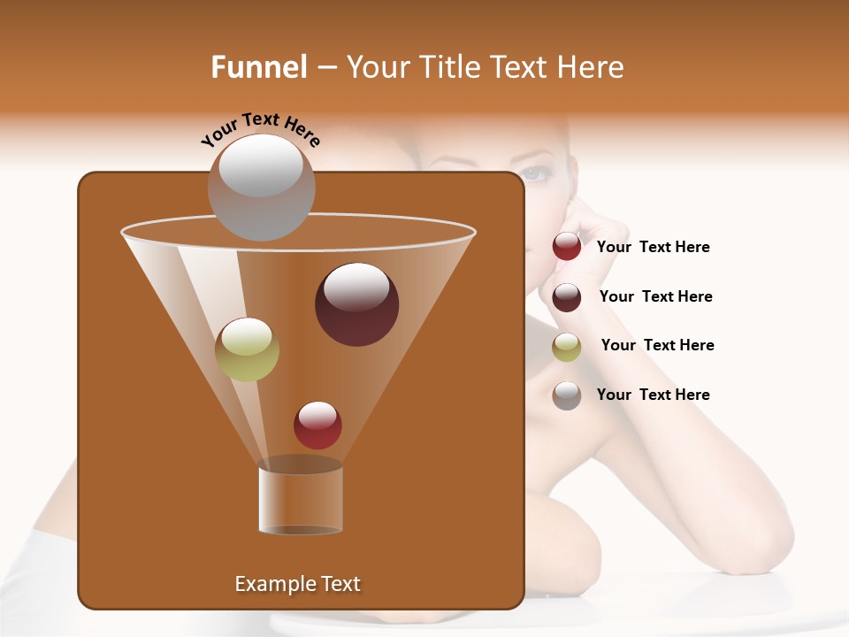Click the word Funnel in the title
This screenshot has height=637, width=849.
258,67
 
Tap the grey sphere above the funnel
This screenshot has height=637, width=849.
262,188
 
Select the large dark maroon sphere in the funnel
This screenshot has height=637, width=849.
357,304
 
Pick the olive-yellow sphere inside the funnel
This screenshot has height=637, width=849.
248,349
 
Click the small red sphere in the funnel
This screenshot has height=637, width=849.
317,426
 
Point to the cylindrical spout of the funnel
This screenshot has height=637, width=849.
301,500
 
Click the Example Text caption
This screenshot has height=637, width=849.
297,584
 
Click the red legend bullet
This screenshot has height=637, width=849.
567,247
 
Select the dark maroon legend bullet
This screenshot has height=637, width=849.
567,297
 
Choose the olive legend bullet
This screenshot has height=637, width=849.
567,347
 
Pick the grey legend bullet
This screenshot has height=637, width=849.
567,395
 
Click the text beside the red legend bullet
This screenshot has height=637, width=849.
653,248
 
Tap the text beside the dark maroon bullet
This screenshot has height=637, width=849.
655,296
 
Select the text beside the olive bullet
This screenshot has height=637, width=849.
657,345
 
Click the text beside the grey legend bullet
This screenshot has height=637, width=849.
653,395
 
